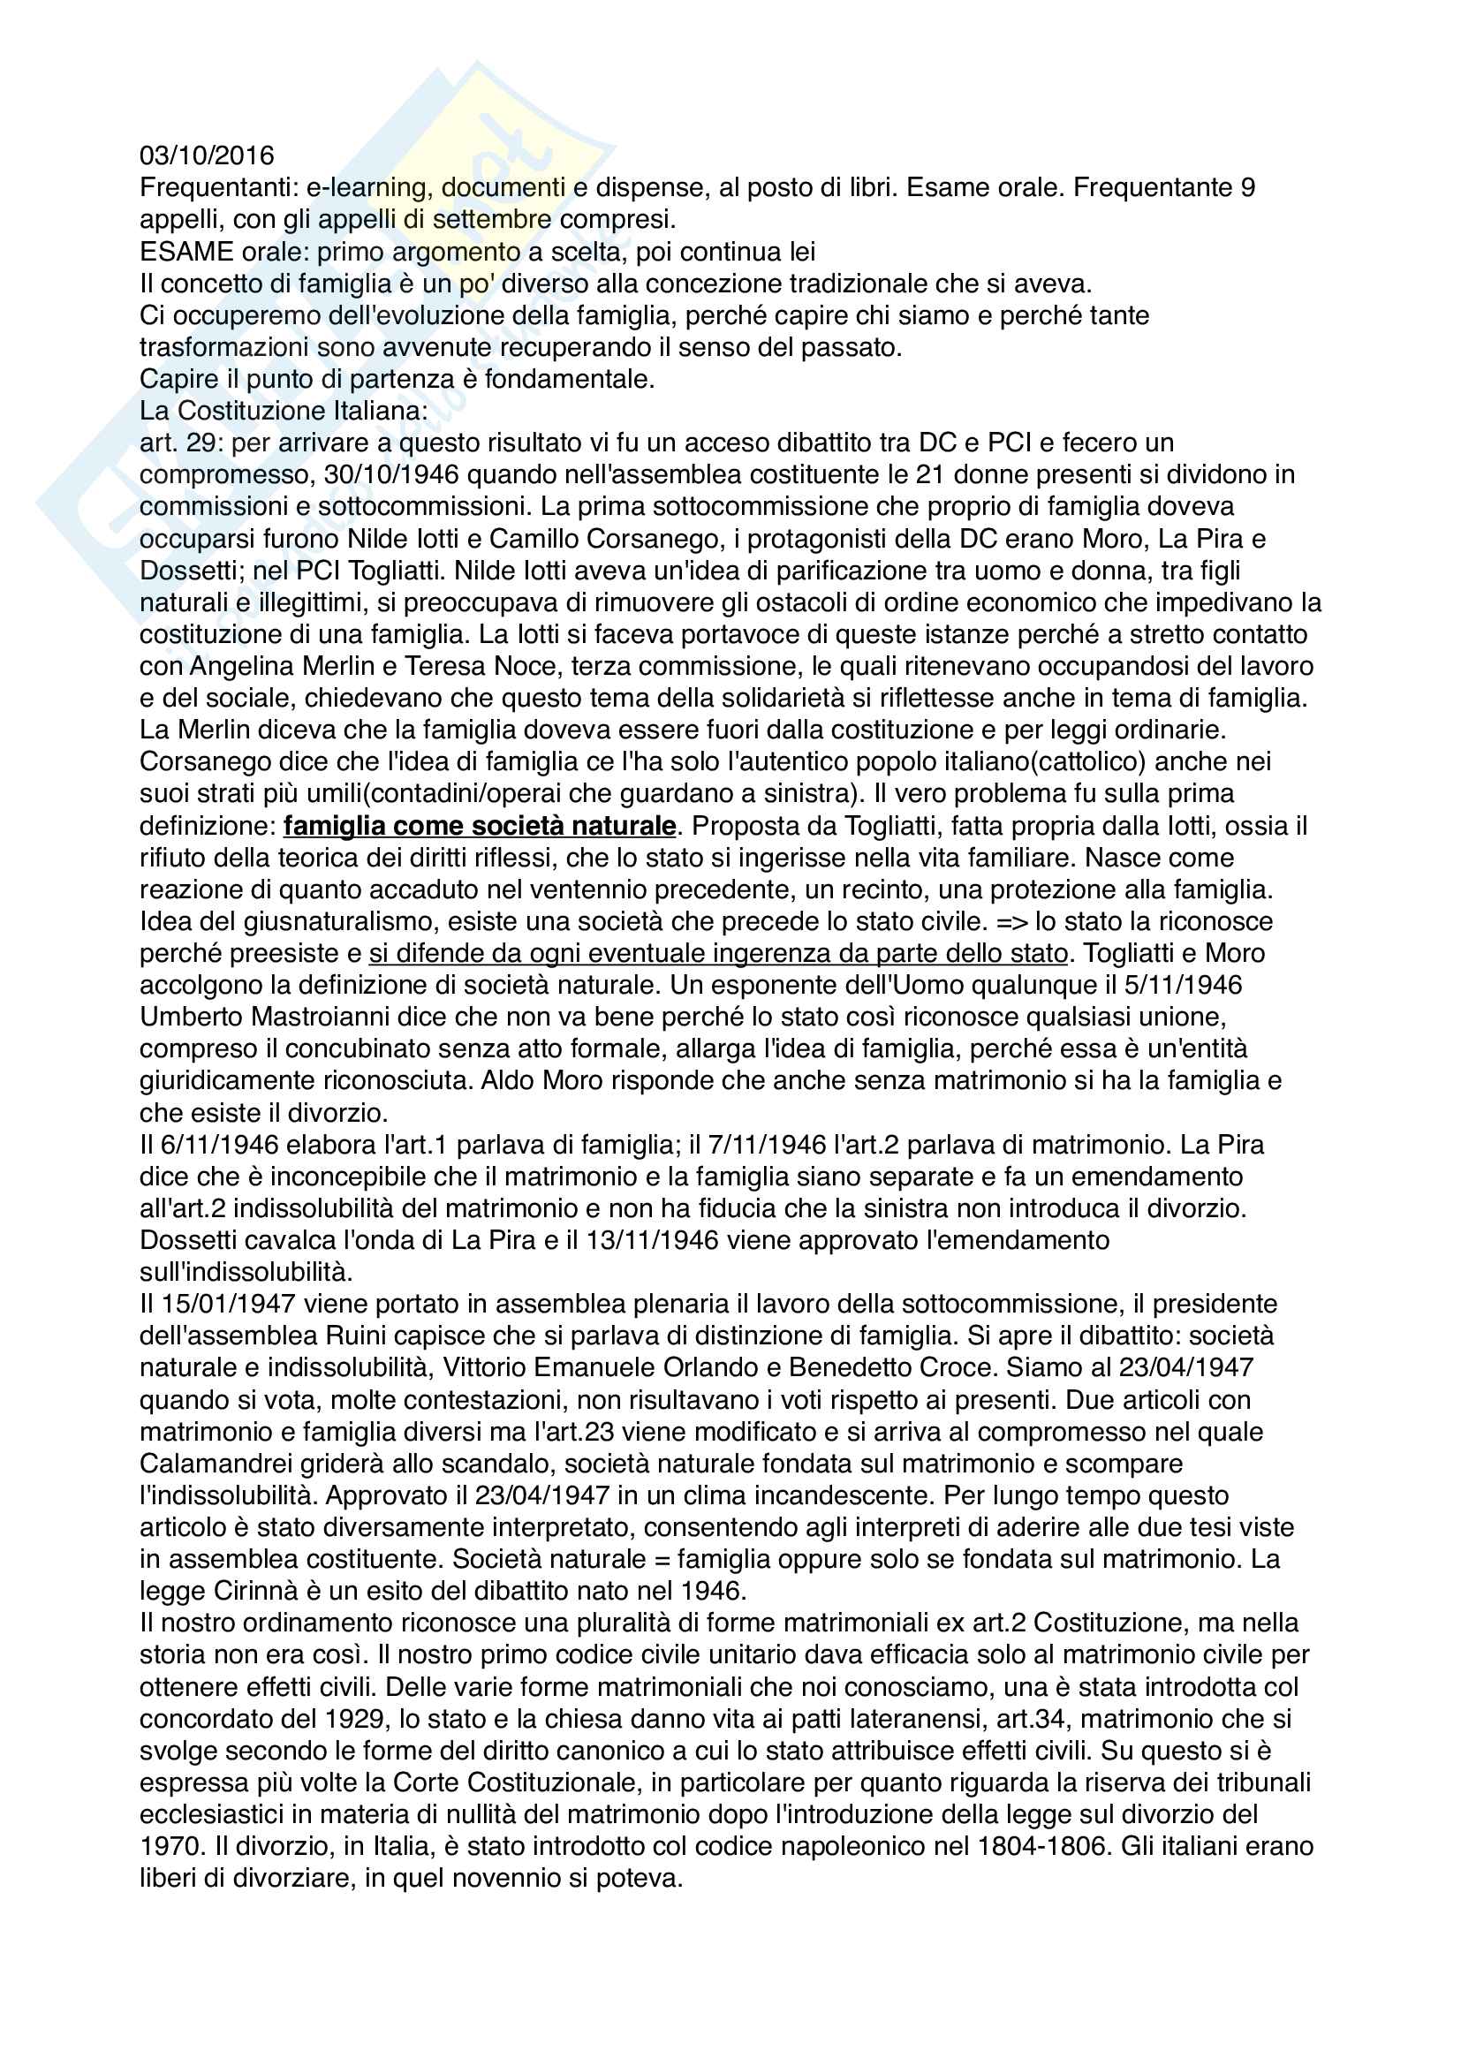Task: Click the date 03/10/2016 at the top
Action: [x=207, y=155]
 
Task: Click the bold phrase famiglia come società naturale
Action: [x=480, y=826]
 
